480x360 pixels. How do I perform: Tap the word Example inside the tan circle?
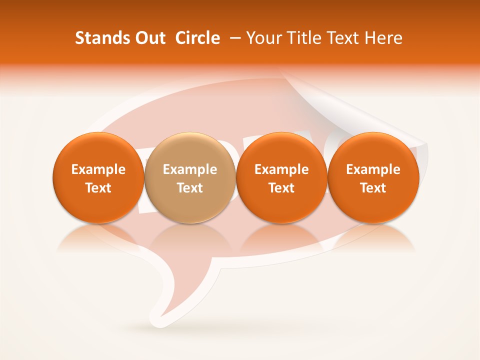[190, 169]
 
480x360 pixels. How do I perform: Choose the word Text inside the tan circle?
[190, 188]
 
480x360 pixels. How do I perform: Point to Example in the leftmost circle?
[98, 169]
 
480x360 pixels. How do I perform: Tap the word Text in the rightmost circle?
[373, 188]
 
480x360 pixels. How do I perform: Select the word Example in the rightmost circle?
[373, 169]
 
